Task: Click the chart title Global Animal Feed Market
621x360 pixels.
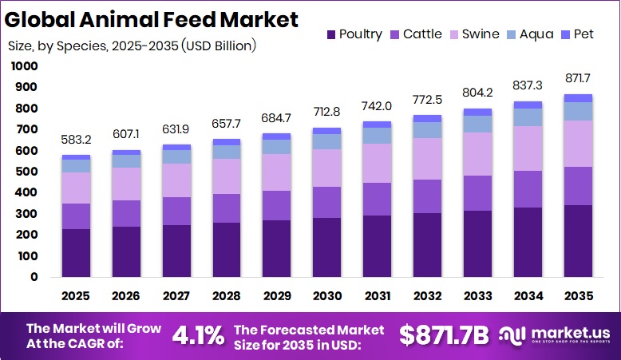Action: click(152, 19)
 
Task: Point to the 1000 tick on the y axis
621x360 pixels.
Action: click(24, 66)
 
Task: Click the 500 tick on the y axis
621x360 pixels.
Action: click(26, 172)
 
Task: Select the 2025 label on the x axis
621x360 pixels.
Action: click(76, 296)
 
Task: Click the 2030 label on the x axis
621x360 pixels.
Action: click(326, 296)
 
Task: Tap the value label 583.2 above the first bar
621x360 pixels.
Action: click(76, 140)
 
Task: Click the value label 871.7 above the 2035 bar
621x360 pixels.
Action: click(577, 78)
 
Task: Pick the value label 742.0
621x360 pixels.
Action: click(377, 106)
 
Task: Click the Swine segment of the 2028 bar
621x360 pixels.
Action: click(226, 176)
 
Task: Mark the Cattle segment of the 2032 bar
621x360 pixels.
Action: click(426, 196)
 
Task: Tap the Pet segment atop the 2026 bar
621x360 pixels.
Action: click(126, 152)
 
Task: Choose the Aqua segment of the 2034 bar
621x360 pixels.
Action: click(527, 117)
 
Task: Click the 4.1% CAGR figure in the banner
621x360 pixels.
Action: click(198, 335)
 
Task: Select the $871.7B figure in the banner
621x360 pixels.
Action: click(443, 335)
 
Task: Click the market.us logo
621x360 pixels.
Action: click(556, 335)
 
